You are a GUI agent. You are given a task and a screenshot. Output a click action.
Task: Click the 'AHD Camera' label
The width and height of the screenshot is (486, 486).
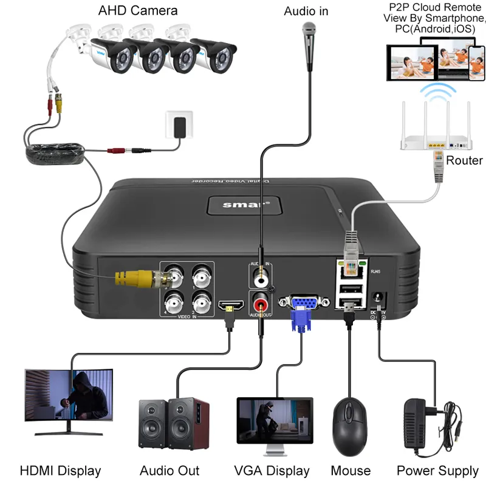tap(138, 10)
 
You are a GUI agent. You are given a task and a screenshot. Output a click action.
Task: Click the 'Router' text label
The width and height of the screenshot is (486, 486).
tap(464, 160)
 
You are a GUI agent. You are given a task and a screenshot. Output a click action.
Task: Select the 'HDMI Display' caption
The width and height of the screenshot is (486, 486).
tap(60, 470)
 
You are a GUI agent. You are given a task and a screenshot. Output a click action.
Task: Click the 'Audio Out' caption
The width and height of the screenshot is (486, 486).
tap(169, 470)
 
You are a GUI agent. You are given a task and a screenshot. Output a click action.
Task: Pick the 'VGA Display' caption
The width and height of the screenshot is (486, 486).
tap(272, 470)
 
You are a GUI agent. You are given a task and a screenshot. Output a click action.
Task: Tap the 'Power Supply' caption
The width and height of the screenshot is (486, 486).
tap(437, 470)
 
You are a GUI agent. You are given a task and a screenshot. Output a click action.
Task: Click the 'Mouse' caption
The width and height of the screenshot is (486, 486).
tap(351, 470)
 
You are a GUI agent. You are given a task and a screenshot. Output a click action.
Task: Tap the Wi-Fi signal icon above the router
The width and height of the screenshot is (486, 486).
tap(439, 93)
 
